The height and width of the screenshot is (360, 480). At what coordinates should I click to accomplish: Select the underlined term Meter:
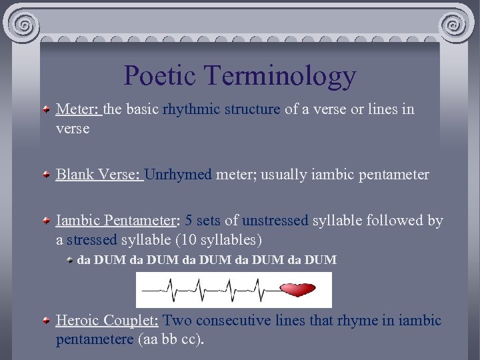[78, 109]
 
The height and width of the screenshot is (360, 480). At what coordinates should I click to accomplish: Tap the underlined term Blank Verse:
[99, 175]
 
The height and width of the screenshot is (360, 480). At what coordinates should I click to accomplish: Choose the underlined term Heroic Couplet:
[107, 320]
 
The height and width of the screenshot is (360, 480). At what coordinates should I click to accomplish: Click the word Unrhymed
[178, 175]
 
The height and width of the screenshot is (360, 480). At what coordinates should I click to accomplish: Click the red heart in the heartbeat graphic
[298, 290]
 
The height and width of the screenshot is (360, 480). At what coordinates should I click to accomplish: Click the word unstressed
[275, 221]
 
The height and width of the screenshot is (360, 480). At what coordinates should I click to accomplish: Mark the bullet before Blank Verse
[45, 175]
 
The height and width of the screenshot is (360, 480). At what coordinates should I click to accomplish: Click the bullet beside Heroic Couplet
[45, 321]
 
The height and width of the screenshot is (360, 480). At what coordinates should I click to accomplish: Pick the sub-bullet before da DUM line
[70, 260]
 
